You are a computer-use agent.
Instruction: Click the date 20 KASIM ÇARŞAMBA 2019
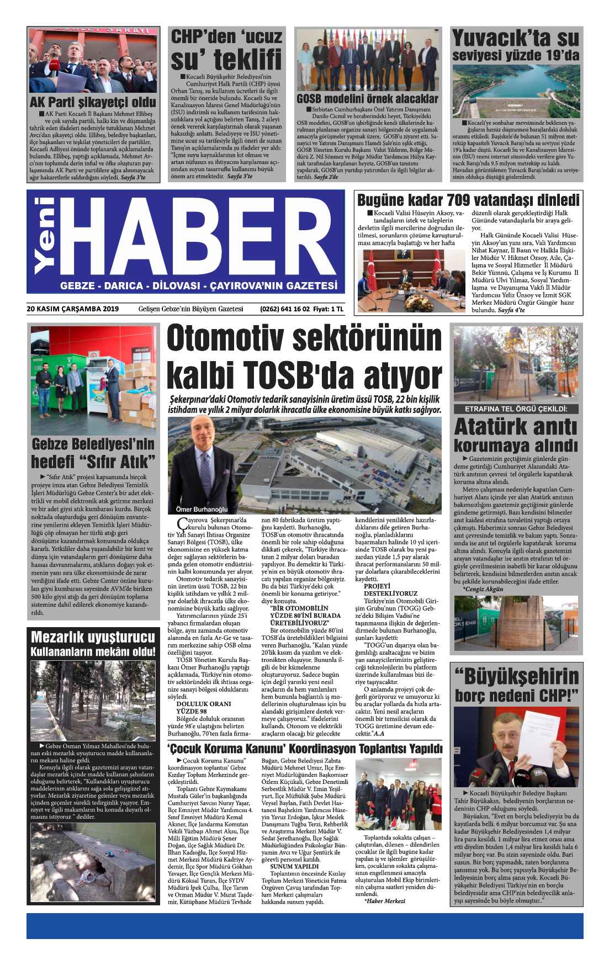click(x=72, y=309)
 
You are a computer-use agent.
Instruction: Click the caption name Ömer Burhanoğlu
click(x=197, y=509)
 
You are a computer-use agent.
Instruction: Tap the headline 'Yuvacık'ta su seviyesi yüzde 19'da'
click(x=516, y=46)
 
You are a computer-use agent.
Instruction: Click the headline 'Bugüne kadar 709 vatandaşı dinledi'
click(x=468, y=199)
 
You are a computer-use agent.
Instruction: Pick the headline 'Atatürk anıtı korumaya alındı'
click(x=516, y=437)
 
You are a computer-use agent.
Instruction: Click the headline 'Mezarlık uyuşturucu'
click(x=92, y=637)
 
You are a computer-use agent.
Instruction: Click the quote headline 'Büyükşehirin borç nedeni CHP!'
click(x=516, y=685)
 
